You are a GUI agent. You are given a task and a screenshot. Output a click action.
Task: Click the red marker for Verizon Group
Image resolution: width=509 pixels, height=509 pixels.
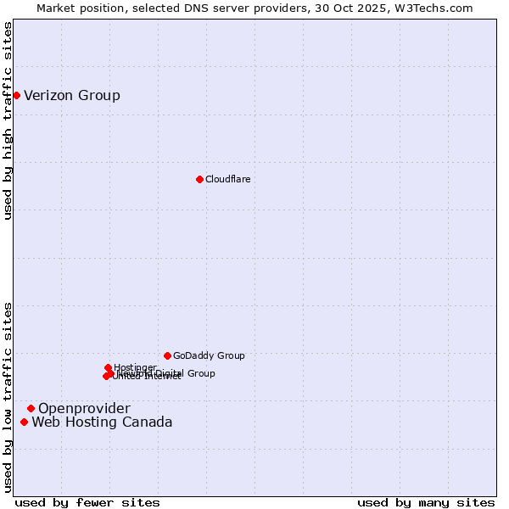pyautogui.click(x=16, y=95)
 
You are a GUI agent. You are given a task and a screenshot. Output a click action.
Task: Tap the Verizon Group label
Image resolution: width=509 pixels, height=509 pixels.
pyautogui.click(x=72, y=95)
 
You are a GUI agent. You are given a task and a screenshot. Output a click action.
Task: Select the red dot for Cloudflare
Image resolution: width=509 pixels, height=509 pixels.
pyautogui.click(x=199, y=179)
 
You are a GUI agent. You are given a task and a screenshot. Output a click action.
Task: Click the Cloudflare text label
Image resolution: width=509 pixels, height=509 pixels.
pyautogui.click(x=227, y=179)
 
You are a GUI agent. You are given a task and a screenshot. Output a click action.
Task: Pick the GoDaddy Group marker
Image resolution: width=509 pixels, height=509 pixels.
pyautogui.click(x=167, y=355)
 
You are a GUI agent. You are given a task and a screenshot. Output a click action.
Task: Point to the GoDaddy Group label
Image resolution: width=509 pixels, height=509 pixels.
pyautogui.click(x=209, y=355)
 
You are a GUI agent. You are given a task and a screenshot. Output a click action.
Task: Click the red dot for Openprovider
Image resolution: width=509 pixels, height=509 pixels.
pyautogui.click(x=31, y=408)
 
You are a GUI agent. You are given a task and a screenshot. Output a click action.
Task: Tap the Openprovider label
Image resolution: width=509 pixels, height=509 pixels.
pyautogui.click(x=84, y=409)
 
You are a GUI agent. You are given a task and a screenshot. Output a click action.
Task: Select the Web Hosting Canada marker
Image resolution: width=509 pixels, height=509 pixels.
pyautogui.click(x=24, y=422)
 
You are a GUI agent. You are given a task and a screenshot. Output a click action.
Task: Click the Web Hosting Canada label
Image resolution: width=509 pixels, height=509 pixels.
pyautogui.click(x=102, y=422)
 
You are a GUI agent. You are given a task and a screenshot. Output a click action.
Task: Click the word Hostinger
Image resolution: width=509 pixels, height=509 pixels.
pyautogui.click(x=135, y=367)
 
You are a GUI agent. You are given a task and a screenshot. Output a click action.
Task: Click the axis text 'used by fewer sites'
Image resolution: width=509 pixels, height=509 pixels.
pyautogui.click(x=87, y=502)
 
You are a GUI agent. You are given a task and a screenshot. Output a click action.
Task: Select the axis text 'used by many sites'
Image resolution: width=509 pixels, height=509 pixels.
pyautogui.click(x=426, y=502)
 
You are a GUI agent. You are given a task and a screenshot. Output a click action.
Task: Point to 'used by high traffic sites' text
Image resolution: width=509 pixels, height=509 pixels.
pyautogui.click(x=8, y=120)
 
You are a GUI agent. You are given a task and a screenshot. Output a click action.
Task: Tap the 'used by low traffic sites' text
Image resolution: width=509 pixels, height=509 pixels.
pyautogui.click(x=8, y=396)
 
